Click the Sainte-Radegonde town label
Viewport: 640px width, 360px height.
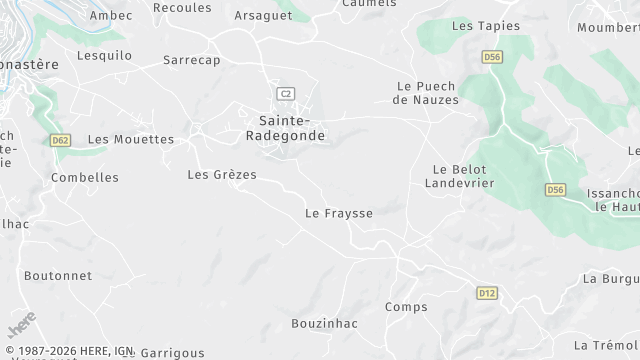pyautogui.click(x=285, y=128)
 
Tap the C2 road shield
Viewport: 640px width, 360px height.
pyautogui.click(x=286, y=93)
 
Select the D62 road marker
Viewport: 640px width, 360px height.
pyautogui.click(x=60, y=140)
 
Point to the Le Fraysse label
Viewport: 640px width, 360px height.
pyautogui.click(x=339, y=213)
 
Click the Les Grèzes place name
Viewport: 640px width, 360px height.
pyautogui.click(x=222, y=175)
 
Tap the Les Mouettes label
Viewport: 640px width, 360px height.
pyautogui.click(x=131, y=139)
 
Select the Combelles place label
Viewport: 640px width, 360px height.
pyautogui.click(x=85, y=178)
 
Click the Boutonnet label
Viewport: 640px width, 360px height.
pyautogui.click(x=58, y=276)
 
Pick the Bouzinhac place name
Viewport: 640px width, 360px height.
pyautogui.click(x=324, y=324)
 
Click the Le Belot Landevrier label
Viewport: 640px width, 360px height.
pyautogui.click(x=460, y=176)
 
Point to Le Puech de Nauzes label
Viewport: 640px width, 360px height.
pyautogui.click(x=426, y=93)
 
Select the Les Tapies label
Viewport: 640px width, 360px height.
pyautogui.click(x=486, y=25)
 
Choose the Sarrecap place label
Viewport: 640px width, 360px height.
pyautogui.click(x=192, y=60)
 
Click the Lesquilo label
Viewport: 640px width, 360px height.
pyautogui.click(x=104, y=56)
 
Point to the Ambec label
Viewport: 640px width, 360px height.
pyautogui.click(x=110, y=16)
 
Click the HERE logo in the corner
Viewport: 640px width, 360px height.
pyautogui.click(x=22, y=326)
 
